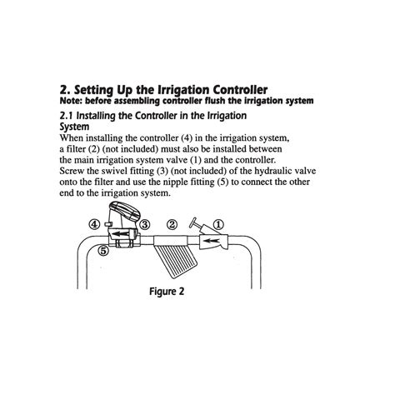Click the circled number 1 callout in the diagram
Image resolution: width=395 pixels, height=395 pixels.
218,223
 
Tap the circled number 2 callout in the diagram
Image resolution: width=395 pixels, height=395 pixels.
172,224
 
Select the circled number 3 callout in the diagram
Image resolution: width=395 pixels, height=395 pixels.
144,224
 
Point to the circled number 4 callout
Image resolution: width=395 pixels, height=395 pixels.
96,224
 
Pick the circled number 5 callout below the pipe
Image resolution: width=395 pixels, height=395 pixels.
104,249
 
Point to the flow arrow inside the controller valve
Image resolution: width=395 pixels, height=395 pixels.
124,242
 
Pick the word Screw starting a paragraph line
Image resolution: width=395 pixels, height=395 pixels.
76,172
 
